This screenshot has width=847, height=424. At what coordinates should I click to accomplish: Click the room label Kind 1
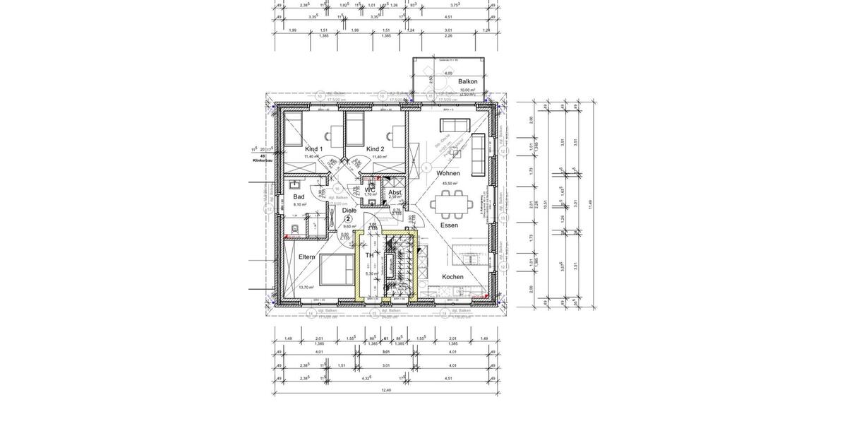point(313,149)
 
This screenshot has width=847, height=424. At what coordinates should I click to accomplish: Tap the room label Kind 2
point(375,149)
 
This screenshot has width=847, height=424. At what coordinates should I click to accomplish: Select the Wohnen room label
point(448,173)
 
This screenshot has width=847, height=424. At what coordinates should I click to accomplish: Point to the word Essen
point(449,225)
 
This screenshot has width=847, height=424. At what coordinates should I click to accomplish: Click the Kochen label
point(452,277)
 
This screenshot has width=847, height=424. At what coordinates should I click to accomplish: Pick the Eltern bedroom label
point(307,257)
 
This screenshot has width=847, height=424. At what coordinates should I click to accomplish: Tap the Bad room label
point(299,197)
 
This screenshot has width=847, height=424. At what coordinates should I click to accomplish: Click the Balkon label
point(468,81)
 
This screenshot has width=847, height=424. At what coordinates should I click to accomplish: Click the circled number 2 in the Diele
point(348,219)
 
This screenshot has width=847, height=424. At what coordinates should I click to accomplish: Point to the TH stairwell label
point(369,256)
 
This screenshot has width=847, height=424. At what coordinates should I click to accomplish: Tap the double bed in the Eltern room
point(337,270)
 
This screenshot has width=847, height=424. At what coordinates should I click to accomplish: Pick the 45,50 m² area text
point(450,183)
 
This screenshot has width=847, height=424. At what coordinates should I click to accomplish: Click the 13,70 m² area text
point(306,288)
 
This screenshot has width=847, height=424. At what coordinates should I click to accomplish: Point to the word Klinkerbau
point(263,160)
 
